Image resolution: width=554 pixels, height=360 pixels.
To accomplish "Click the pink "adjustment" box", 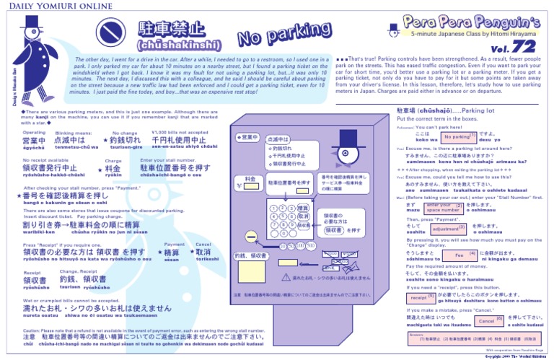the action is point(449,229).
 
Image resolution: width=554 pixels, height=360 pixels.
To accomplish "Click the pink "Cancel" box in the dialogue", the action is point(488,320).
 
